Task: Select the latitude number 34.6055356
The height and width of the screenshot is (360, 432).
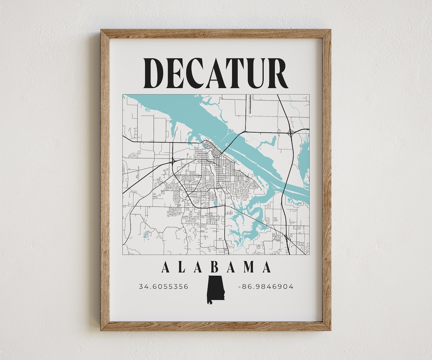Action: [x=163, y=286]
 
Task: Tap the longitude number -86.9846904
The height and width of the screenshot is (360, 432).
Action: [x=266, y=286]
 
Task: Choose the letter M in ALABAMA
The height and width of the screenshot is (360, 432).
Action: [x=249, y=267]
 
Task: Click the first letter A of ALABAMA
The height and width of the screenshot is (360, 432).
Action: [x=165, y=267]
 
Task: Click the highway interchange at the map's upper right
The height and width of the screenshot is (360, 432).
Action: [x=290, y=132]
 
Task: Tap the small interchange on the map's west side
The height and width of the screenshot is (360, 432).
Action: [x=173, y=161]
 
